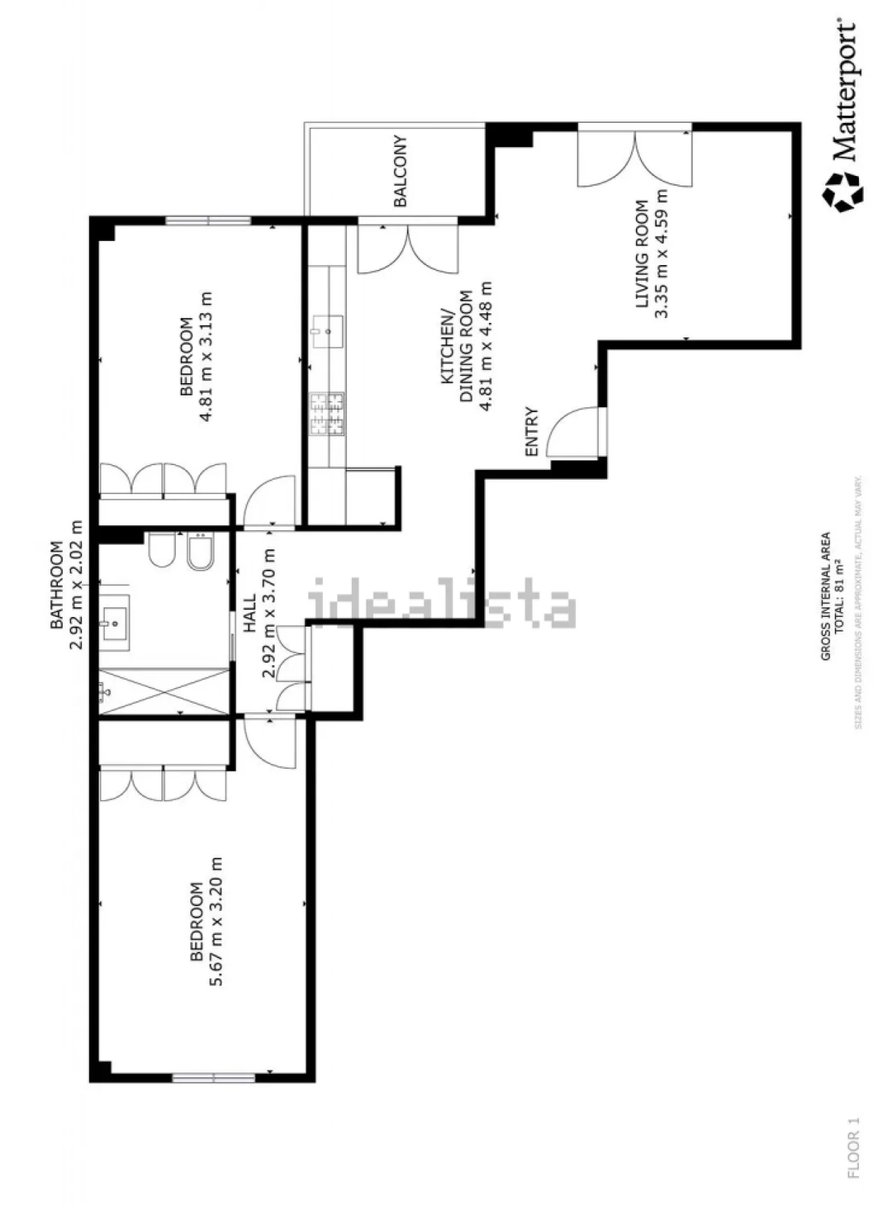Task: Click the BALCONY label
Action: (400, 171)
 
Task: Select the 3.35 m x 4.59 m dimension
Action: (662, 254)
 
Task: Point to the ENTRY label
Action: (532, 432)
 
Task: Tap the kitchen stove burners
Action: (327, 414)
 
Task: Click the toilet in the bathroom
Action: (161, 549)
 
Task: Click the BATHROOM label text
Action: (57, 585)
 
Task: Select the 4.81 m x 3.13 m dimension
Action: (206, 356)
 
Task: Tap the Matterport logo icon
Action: (842, 192)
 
